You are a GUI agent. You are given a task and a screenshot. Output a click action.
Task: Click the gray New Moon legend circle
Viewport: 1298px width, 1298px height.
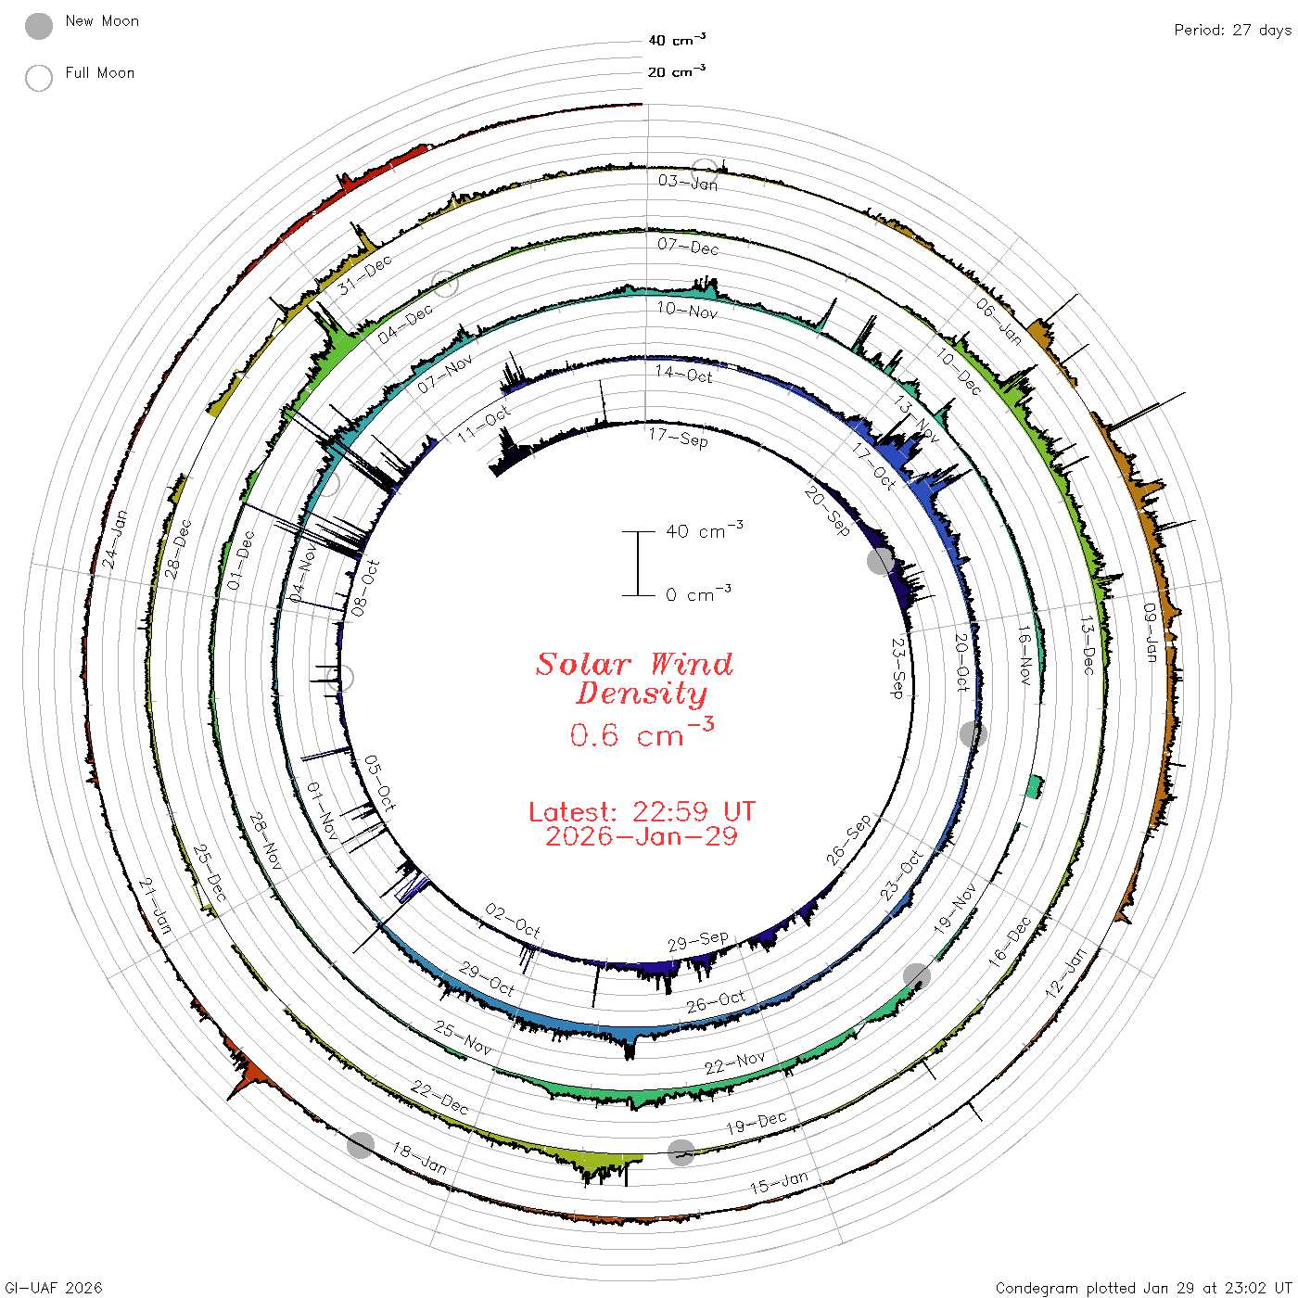tap(38, 26)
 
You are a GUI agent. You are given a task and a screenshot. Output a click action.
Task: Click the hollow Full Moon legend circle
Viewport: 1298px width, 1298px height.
tap(38, 78)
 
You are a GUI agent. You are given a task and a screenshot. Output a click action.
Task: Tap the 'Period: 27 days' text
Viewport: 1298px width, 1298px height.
tap(1232, 31)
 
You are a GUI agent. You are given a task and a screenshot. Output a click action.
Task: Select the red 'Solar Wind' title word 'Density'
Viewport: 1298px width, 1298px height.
tap(642, 694)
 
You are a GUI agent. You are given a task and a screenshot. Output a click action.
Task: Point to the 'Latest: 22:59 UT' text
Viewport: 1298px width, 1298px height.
tap(642, 811)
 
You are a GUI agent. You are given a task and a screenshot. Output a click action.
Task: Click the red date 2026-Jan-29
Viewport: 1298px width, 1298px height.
tap(642, 836)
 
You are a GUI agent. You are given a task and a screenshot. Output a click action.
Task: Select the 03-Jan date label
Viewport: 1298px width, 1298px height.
tap(688, 182)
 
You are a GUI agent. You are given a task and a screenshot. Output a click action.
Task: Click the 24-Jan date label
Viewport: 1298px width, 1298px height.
tap(114, 540)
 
